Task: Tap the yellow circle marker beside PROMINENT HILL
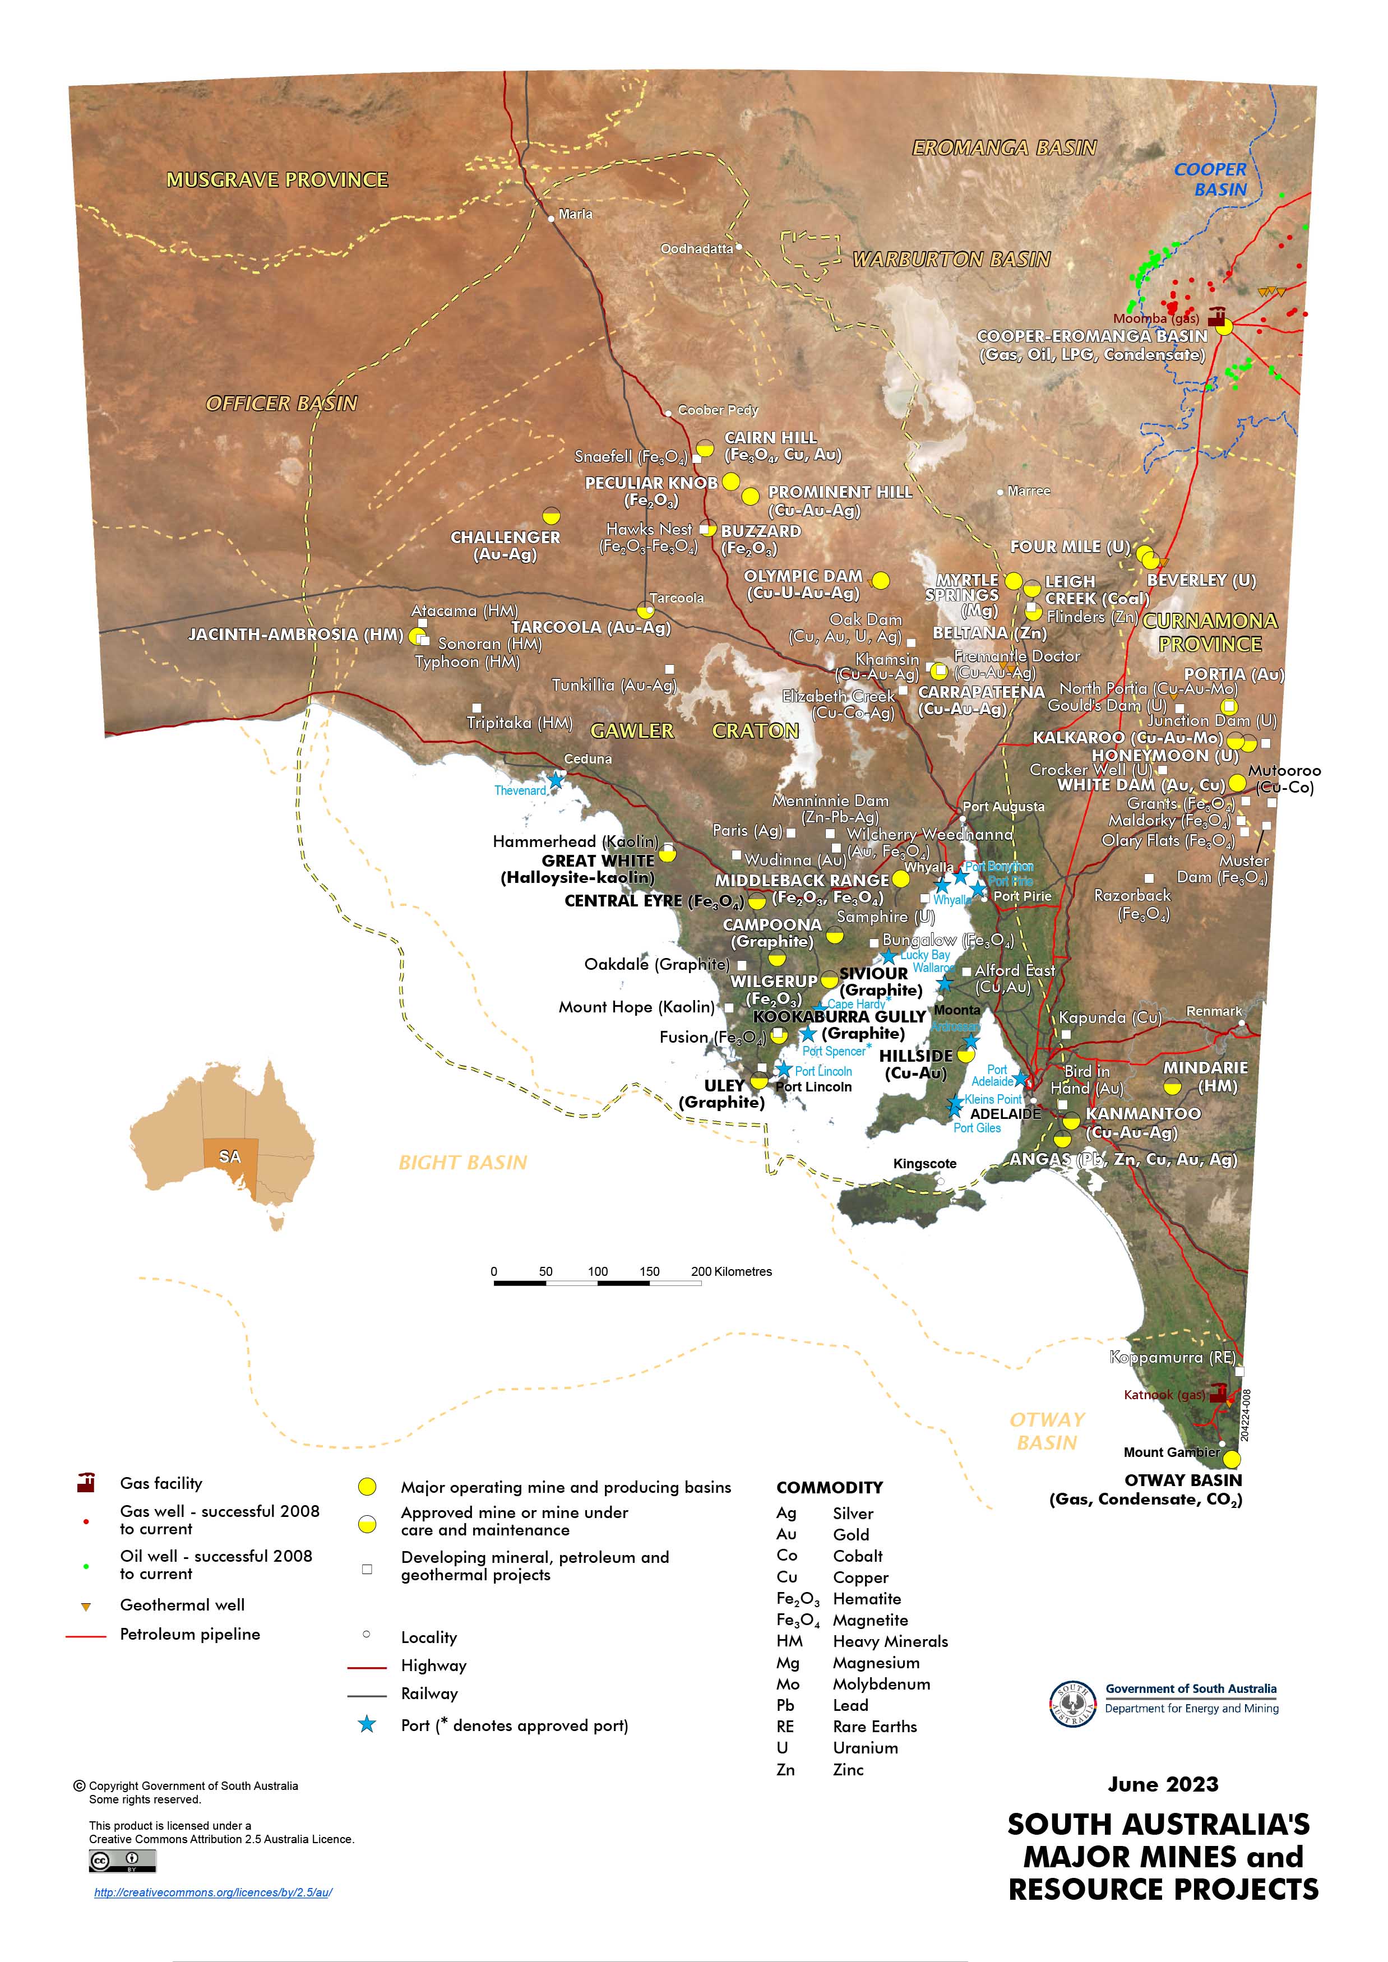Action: point(749,496)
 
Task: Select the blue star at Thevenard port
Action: point(556,779)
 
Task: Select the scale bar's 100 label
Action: point(598,1271)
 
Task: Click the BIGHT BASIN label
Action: point(462,1162)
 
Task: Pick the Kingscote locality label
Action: point(925,1164)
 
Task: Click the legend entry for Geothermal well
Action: point(182,1605)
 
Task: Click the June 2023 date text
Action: point(1162,1784)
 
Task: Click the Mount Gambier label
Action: point(1171,1452)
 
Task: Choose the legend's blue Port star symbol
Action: point(367,1724)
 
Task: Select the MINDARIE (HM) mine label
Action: point(1205,1077)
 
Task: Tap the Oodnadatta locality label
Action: point(697,249)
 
